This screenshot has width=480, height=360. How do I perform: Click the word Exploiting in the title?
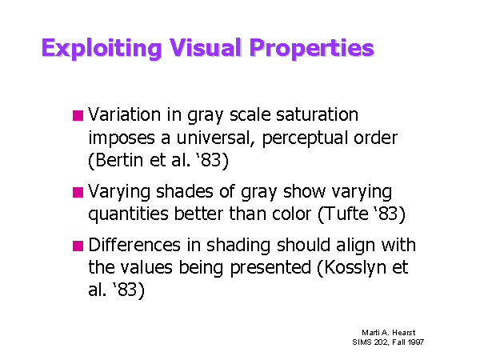(102, 48)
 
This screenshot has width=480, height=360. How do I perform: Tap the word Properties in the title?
(312, 48)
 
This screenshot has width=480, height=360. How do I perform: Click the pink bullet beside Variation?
(78, 116)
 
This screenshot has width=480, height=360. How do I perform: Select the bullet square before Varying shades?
(78, 192)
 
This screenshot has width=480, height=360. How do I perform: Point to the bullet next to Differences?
(78, 246)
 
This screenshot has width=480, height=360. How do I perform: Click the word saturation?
(317, 114)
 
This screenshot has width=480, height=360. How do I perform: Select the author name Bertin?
(118, 160)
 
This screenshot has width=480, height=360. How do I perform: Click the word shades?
(184, 192)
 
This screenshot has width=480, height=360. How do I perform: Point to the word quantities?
(128, 214)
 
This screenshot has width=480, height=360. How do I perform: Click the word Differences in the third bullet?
(134, 246)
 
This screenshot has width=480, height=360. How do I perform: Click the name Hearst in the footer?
(404, 333)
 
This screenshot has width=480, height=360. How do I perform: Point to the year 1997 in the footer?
(416, 342)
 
